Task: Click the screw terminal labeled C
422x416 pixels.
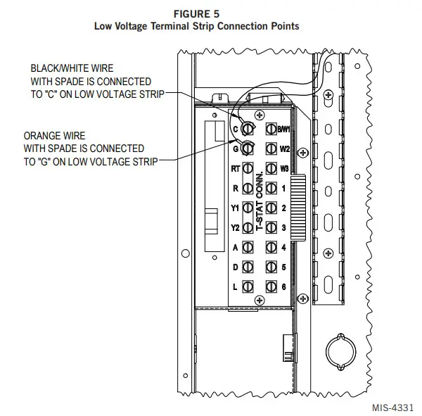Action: [x=248, y=130]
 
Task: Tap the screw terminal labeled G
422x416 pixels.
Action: [x=248, y=149]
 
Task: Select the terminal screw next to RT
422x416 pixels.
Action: [x=248, y=169]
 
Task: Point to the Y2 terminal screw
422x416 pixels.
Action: [x=248, y=228]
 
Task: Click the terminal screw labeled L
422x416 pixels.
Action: [x=248, y=286]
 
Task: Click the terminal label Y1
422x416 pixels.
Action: [x=236, y=208]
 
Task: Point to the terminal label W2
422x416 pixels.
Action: [x=284, y=149]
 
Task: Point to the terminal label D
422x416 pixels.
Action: [x=236, y=267]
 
